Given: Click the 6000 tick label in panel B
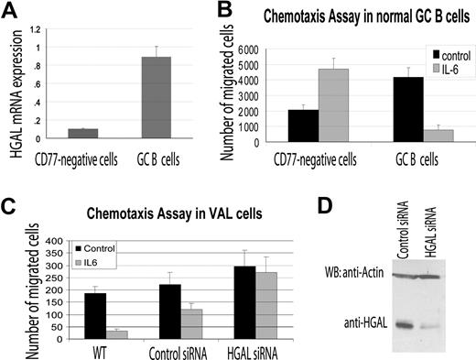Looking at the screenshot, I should [240, 51].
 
